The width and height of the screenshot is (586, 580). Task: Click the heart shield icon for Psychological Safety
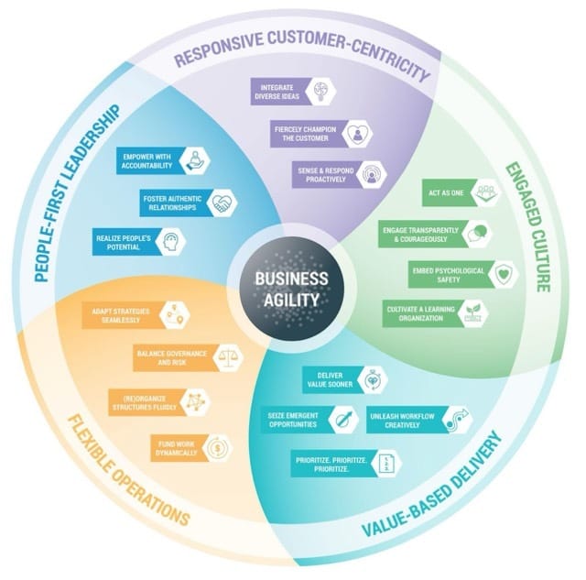coord(502,274)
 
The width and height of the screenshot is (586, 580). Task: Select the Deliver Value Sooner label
coord(330,379)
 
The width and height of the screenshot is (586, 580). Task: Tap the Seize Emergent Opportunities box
coord(294,419)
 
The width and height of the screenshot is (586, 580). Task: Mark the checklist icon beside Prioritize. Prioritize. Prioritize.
coord(388,463)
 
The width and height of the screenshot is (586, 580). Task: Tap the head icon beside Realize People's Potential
coord(173,241)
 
